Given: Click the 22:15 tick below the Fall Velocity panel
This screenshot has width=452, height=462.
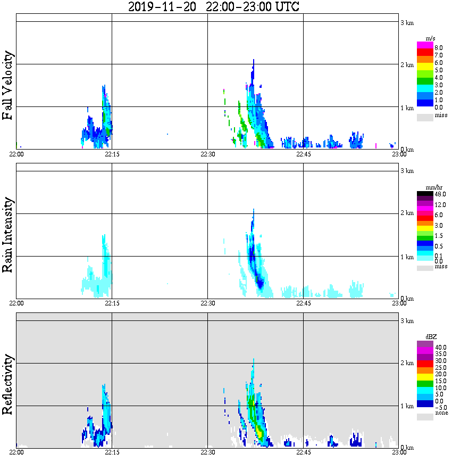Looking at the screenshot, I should pos(112,154).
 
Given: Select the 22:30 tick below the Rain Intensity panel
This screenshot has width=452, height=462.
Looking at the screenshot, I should pos(207,303).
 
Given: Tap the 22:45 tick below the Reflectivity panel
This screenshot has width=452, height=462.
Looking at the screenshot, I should pos(303,452).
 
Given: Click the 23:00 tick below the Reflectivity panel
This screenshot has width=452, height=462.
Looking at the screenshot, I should pos(399,452).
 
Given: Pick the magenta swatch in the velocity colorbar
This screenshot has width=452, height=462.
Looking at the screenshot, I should pos(425,45).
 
